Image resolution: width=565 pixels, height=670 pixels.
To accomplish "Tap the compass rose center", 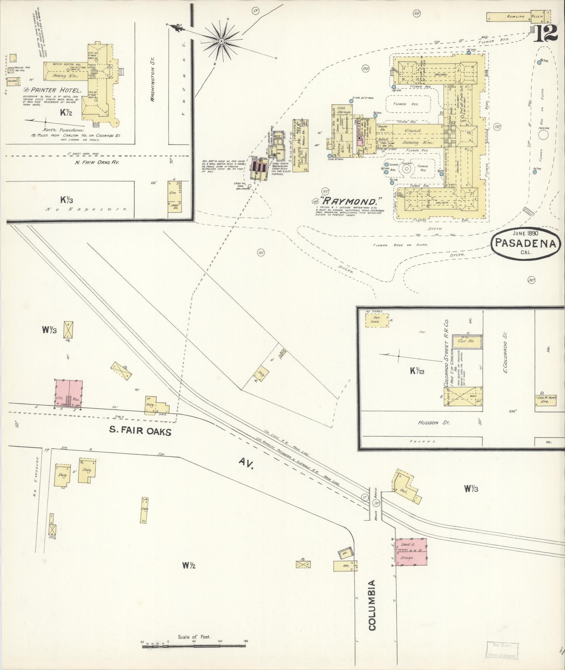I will point(221,41).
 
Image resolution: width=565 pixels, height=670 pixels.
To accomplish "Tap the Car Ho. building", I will point(467,341).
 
